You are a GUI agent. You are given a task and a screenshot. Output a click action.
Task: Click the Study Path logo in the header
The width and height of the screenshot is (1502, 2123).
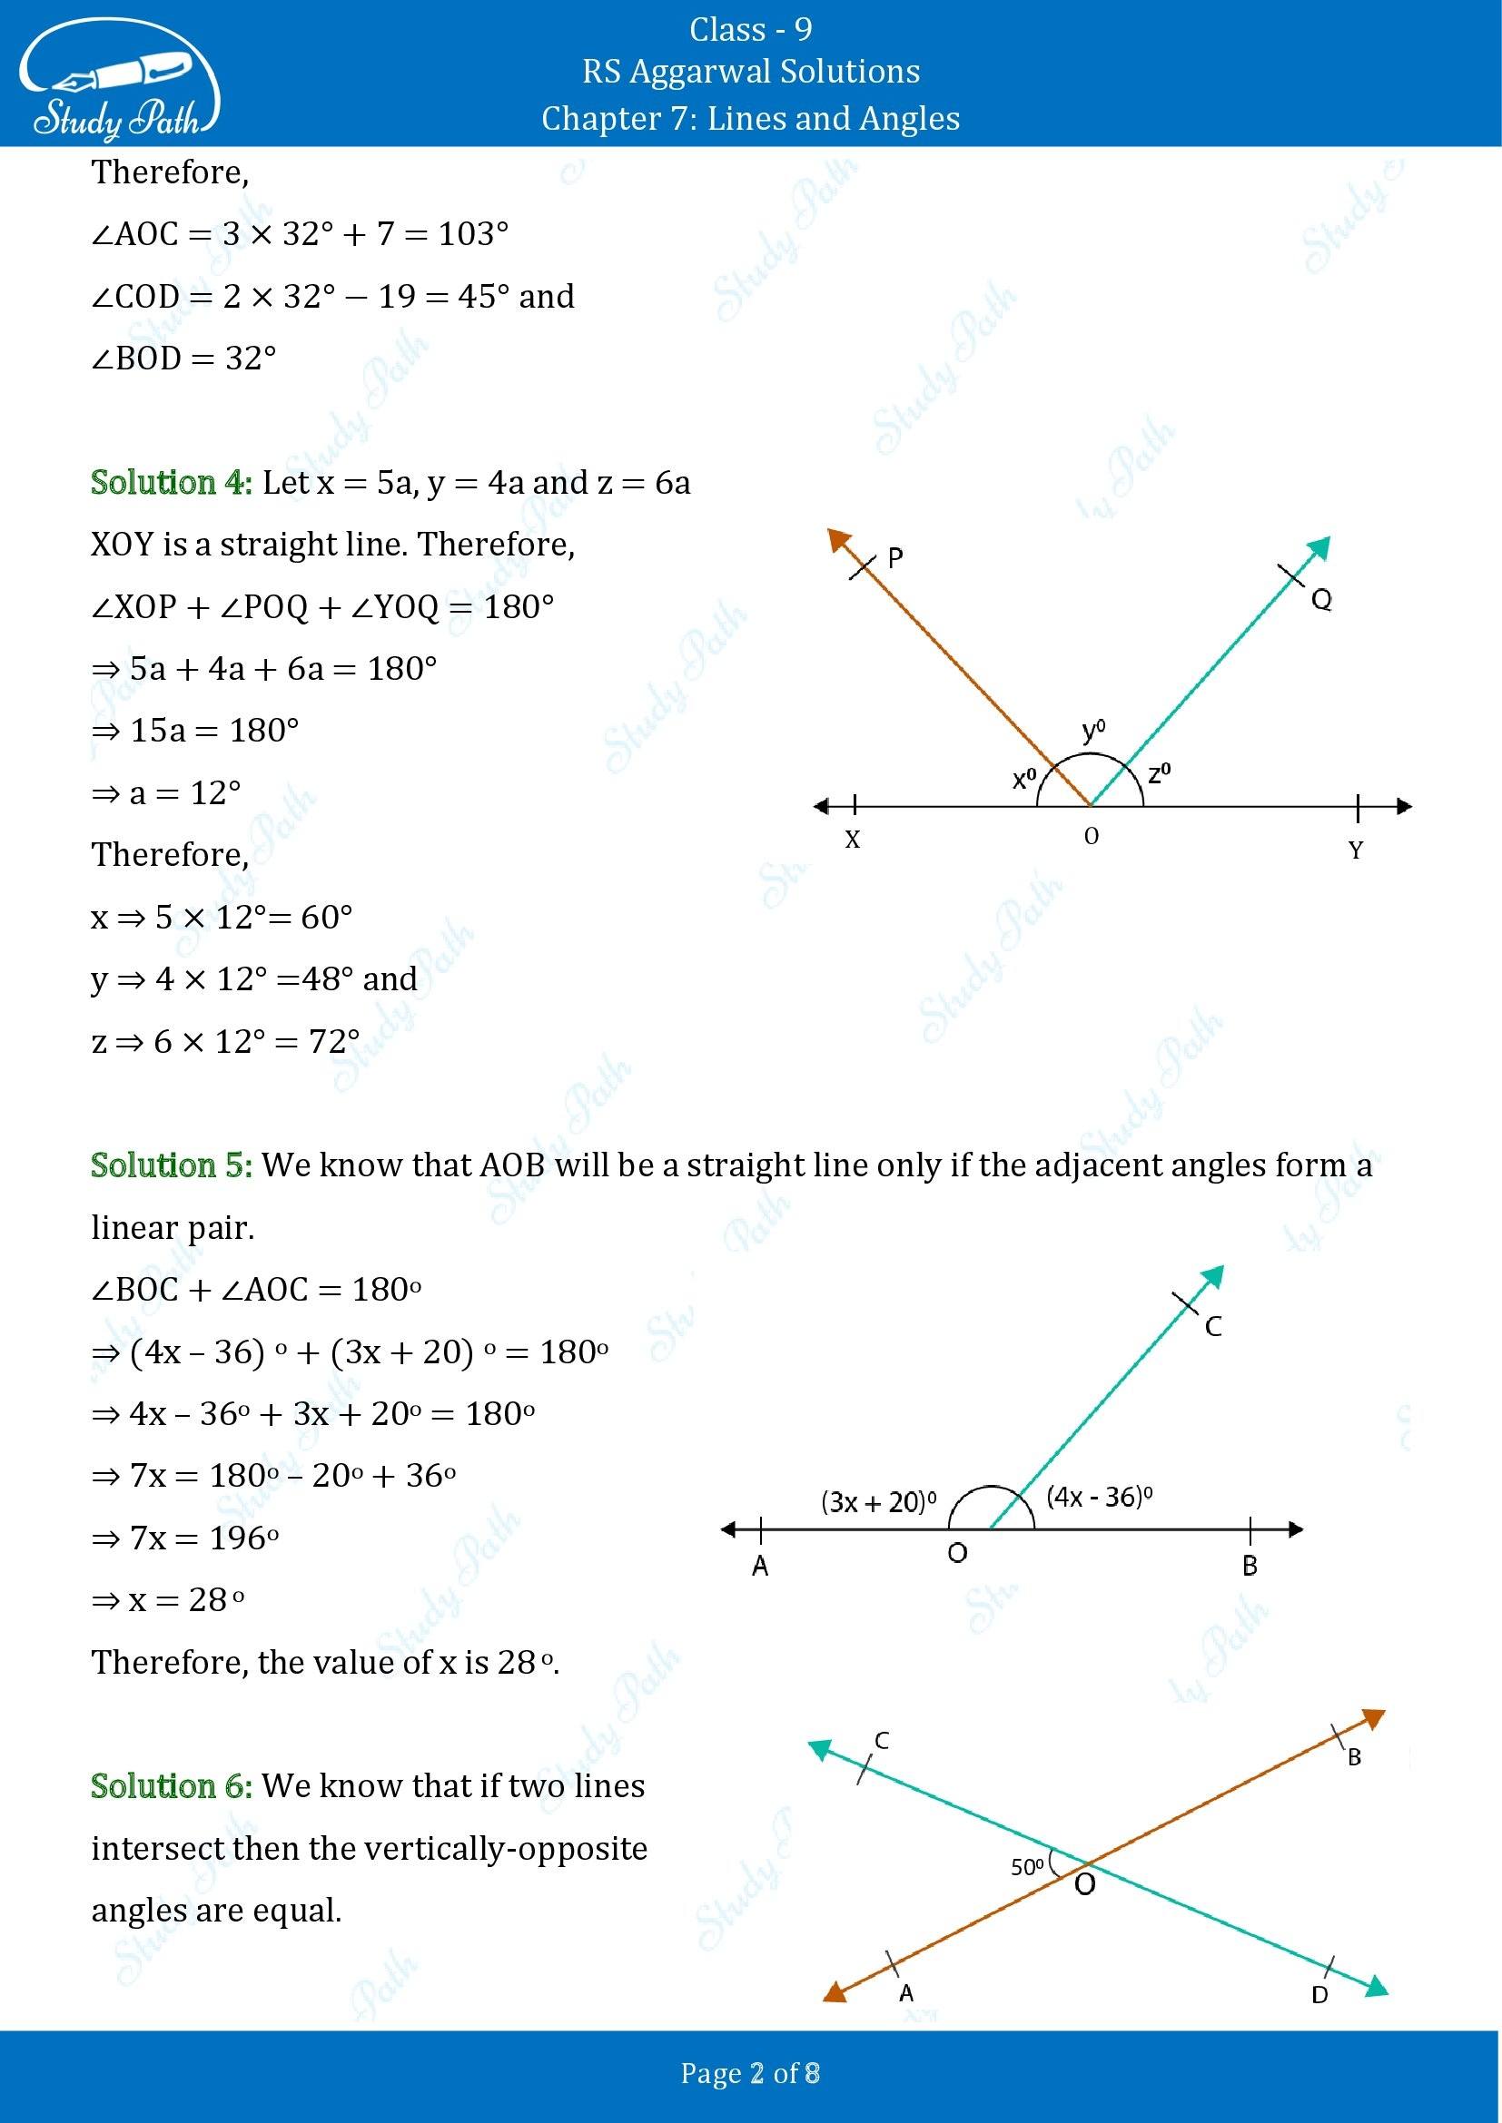117,82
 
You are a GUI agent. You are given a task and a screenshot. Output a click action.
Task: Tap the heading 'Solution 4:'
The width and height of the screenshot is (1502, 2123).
171,483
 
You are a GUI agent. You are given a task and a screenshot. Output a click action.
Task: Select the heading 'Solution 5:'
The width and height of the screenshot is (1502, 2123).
171,1165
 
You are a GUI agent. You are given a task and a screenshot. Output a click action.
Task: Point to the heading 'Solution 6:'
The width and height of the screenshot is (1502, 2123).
171,1785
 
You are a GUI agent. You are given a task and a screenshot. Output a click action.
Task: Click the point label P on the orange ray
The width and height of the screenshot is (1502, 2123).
894,557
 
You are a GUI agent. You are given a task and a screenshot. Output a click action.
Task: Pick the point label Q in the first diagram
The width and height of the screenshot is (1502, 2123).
1321,600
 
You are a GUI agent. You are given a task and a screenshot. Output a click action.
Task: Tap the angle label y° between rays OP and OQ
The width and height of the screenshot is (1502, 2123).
1093,732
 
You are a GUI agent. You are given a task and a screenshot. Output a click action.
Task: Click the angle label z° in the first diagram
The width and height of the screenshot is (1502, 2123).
1160,773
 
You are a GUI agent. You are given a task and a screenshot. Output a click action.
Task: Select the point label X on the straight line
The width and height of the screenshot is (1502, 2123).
852,840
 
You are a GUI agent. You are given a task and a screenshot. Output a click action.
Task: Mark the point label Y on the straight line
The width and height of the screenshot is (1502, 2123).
1356,850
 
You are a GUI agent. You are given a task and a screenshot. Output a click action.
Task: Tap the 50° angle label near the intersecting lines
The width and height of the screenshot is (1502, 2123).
1027,1867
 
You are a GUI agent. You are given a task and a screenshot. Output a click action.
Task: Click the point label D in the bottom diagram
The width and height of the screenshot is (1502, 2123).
1319,1994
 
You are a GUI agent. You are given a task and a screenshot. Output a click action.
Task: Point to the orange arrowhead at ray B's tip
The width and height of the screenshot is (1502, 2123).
1375,1720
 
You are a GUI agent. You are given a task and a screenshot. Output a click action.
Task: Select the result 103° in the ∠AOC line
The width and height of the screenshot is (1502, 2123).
472,234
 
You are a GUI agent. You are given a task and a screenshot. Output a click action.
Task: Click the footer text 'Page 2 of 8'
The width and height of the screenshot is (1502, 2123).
750,2073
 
